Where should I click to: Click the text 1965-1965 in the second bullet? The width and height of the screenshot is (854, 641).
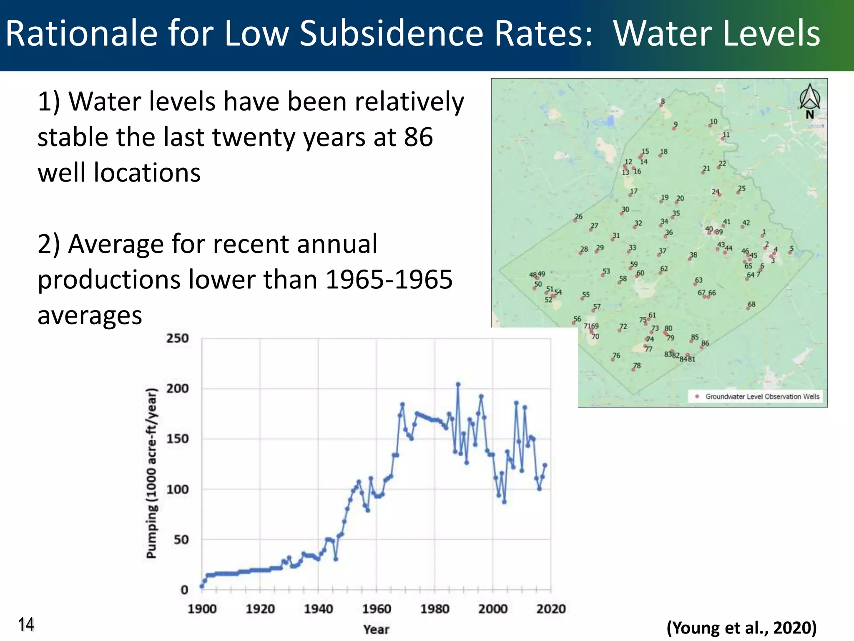[389, 279]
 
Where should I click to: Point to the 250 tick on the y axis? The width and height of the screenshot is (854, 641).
[178, 338]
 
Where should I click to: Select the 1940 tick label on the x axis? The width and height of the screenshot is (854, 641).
[318, 609]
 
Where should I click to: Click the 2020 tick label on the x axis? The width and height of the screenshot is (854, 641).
[550, 609]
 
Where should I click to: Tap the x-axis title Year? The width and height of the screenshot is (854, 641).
[376, 629]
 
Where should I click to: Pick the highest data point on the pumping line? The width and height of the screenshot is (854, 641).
[458, 384]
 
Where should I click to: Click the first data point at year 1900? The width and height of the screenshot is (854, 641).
[202, 586]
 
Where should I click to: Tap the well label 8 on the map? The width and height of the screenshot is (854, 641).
[663, 101]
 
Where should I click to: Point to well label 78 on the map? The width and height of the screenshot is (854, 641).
[636, 366]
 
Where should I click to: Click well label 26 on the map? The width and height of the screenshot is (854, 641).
[578, 216]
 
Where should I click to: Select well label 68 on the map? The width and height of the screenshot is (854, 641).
[751, 304]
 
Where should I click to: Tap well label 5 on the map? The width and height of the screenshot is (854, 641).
[791, 249]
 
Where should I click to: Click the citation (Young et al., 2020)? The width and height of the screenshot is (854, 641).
[741, 627]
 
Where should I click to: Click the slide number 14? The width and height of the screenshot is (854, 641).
[26, 624]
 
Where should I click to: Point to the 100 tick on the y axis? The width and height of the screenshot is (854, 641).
[178, 489]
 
